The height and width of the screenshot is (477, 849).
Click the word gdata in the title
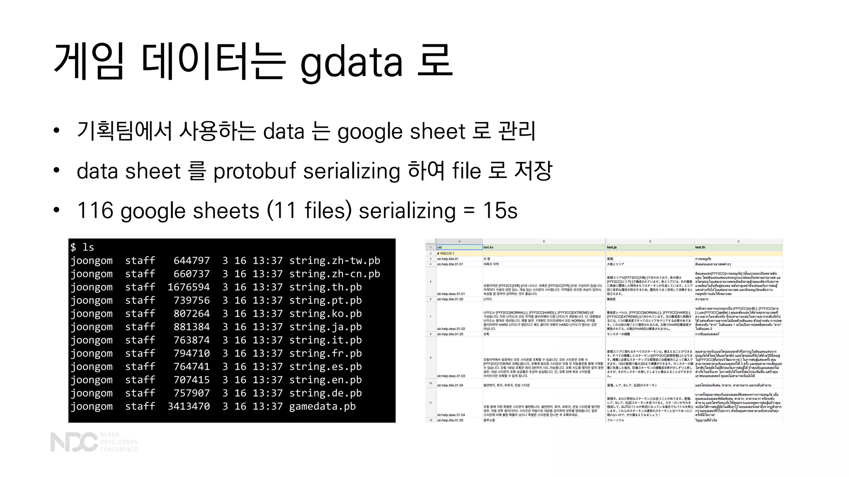click(x=351, y=62)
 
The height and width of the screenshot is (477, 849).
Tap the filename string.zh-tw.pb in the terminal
click(x=334, y=261)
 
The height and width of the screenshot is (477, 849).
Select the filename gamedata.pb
click(x=322, y=407)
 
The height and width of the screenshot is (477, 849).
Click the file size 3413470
click(x=189, y=407)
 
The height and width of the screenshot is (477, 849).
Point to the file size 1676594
click(x=189, y=287)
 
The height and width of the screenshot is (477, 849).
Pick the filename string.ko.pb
click(x=325, y=314)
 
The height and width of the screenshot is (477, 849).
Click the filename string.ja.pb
click(x=325, y=327)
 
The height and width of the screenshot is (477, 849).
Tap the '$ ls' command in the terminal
click(x=82, y=248)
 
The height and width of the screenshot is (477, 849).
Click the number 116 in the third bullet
click(x=95, y=211)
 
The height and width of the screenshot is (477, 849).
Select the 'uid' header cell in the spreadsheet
click(x=459, y=247)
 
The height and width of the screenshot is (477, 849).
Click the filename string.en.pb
click(x=325, y=380)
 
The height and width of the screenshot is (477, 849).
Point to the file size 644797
click(x=192, y=261)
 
